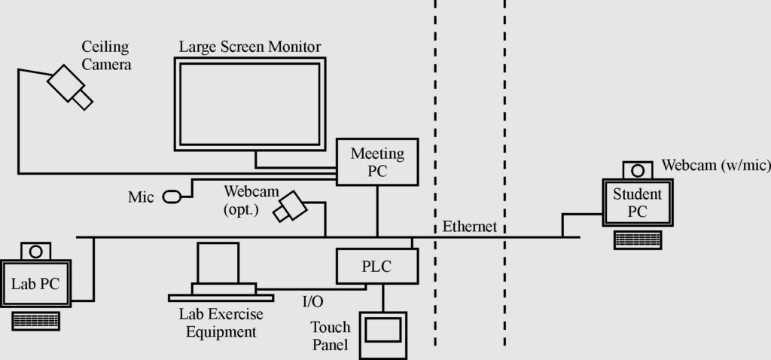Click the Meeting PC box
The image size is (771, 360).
point(377,162)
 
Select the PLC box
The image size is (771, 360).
point(377,266)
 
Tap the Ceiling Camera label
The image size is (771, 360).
point(106,56)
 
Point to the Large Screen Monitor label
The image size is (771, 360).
point(250,47)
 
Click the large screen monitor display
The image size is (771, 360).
point(250,104)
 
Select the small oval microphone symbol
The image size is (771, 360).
point(172,197)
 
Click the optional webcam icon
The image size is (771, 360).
point(291,206)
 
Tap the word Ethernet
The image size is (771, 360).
point(470,227)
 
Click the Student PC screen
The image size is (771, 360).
point(638,203)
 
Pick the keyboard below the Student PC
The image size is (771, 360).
point(638,240)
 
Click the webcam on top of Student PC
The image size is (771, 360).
point(638,170)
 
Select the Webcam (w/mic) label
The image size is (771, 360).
point(716,165)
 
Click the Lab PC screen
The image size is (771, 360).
point(36,284)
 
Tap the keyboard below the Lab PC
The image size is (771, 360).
point(36,321)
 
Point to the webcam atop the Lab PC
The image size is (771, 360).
point(35,252)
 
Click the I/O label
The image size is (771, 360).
point(312,301)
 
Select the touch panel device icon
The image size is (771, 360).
point(383,335)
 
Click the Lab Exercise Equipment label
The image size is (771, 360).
point(221,322)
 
